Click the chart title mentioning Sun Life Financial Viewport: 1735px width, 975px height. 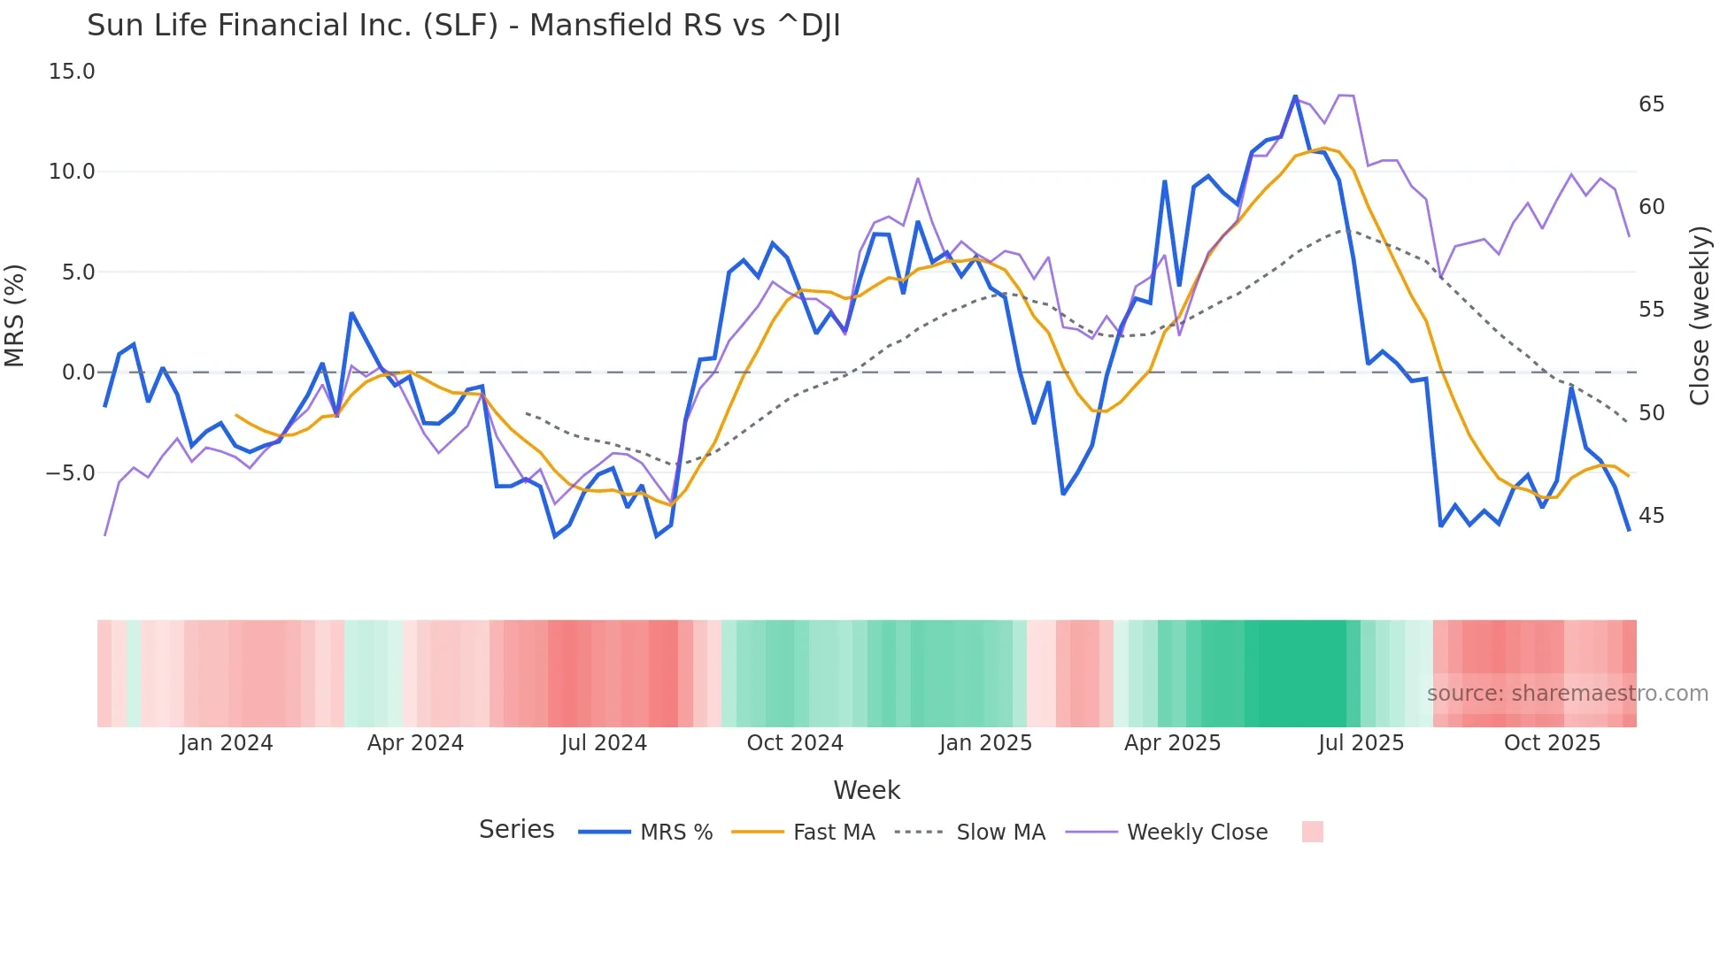pyautogui.click(x=463, y=26)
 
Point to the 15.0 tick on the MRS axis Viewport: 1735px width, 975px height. pyautogui.click(x=71, y=72)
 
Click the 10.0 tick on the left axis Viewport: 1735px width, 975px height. pyautogui.click(x=71, y=172)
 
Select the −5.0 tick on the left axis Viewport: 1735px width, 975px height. pyautogui.click(x=69, y=473)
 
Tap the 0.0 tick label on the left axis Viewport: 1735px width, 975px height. pyautogui.click(x=78, y=372)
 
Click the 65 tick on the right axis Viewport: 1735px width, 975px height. pyautogui.click(x=1651, y=104)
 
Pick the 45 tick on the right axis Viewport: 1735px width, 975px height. pyautogui.click(x=1651, y=516)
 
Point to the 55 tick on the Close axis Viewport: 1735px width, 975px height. pyautogui.click(x=1651, y=310)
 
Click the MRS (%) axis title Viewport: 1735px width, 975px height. pyautogui.click(x=14, y=316)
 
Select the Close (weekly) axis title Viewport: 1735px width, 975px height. pyautogui.click(x=1699, y=316)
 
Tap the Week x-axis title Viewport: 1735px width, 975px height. pyautogui.click(x=866, y=790)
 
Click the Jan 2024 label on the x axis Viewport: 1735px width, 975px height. pyautogui.click(x=226, y=743)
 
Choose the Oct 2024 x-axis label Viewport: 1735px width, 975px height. pyautogui.click(x=794, y=743)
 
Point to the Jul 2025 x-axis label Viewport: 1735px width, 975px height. pyautogui.click(x=1361, y=743)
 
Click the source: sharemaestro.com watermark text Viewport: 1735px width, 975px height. pyautogui.click(x=1567, y=694)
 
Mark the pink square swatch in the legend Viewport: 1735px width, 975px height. pyautogui.click(x=1312, y=832)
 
